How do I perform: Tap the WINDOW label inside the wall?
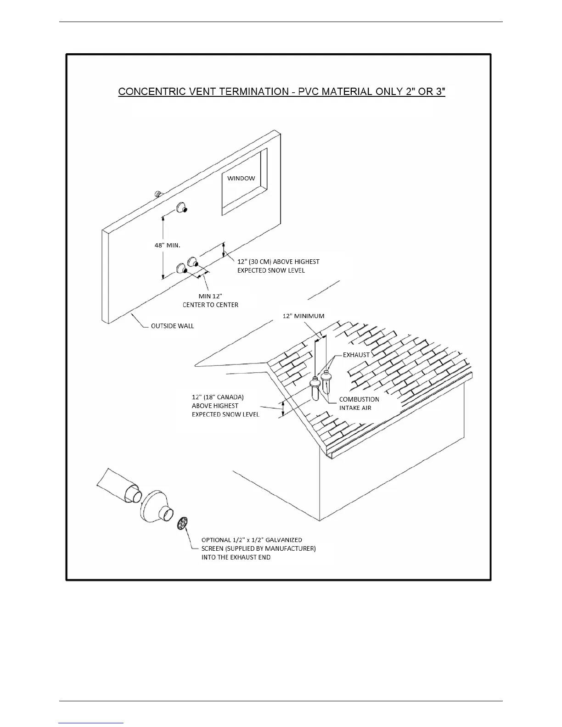[x=241, y=178]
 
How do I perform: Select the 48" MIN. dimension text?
[x=167, y=245]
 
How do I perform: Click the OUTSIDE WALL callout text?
[x=172, y=326]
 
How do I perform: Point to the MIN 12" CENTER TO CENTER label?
[x=211, y=300]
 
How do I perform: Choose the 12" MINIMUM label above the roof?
[x=303, y=316]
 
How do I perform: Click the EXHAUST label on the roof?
[x=356, y=355]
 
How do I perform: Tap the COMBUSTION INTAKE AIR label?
[x=359, y=403]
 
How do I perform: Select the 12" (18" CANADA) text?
[x=218, y=397]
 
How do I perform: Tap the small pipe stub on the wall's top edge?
[x=159, y=194]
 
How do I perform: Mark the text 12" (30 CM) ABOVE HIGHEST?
[x=278, y=262]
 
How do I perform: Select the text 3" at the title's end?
[x=439, y=91]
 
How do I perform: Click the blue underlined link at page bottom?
[x=91, y=723]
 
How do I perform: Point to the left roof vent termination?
[x=315, y=388]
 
